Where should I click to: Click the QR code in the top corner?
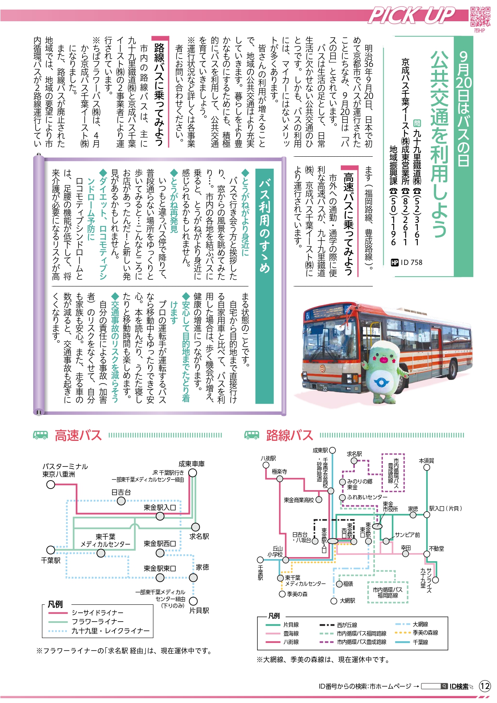480,17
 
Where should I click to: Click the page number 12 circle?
485,686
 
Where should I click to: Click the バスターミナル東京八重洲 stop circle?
51,485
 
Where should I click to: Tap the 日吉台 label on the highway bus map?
121,492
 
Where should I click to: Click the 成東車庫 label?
191,464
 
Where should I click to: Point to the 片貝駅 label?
199,610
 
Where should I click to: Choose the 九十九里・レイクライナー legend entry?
99,631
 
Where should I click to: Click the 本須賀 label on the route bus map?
427,461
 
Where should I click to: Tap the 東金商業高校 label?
299,500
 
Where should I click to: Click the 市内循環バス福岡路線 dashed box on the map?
388,592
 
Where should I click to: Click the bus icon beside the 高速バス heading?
40,435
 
